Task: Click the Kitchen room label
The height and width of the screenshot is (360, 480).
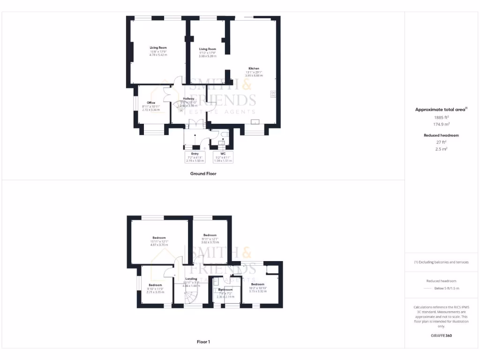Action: (254, 68)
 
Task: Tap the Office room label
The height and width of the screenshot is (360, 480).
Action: (151, 103)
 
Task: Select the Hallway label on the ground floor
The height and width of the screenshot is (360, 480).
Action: (188, 98)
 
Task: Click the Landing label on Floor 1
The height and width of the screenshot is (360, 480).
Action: (191, 279)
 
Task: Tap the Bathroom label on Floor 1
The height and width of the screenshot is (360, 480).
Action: (225, 290)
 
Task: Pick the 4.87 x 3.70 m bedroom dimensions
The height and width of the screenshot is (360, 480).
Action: (159, 245)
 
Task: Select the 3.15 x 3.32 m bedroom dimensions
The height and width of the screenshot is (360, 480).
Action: (257, 292)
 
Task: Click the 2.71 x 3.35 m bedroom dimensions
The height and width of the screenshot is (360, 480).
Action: (155, 292)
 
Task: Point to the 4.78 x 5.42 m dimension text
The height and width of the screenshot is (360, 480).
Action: (158, 55)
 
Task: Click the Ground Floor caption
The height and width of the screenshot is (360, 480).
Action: (203, 173)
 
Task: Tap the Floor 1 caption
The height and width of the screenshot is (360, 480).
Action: (203, 342)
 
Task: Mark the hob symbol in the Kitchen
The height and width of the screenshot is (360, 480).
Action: (272, 94)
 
